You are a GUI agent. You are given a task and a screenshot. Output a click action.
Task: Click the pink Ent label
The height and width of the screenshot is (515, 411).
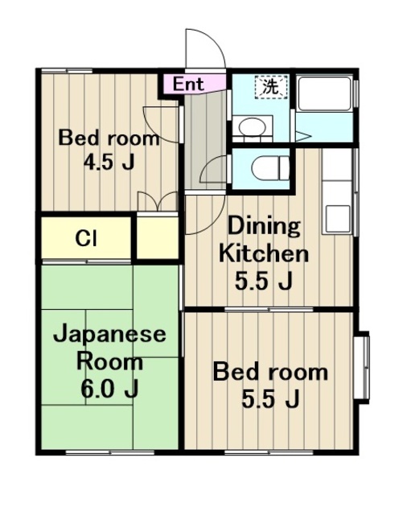click(x=188, y=83)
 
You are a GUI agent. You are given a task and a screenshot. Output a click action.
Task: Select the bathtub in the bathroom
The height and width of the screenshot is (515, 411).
click(x=324, y=94)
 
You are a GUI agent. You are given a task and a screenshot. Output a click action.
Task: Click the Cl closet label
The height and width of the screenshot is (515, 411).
click(x=86, y=238)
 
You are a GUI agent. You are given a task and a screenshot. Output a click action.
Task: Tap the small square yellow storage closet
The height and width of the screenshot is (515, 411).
click(x=155, y=238)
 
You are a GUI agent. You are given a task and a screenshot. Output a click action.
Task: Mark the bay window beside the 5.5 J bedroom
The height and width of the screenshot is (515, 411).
click(x=362, y=363)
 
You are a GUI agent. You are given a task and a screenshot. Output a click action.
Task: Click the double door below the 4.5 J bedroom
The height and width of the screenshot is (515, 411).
click(x=157, y=202)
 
